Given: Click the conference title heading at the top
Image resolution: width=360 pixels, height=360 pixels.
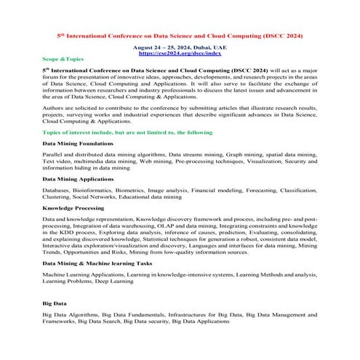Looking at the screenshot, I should click(180, 36).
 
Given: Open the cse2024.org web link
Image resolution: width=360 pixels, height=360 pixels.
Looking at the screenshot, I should click(180, 54).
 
